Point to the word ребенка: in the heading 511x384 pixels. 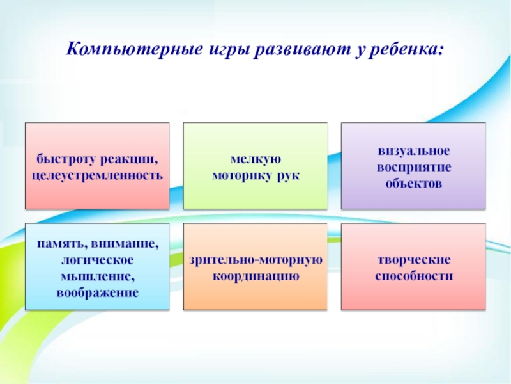pos(405,49)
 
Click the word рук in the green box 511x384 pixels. pos(288,174)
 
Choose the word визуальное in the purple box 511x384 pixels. pos(413,151)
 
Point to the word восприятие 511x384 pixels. pos(413,167)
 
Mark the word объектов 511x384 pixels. pos(413,183)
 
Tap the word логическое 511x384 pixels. pos(97,260)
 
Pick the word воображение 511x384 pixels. pos(97,292)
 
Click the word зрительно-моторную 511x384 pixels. pos(256,260)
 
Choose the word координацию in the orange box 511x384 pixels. pos(256,276)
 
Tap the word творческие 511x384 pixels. pos(413,260)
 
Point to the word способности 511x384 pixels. pos(413,276)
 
